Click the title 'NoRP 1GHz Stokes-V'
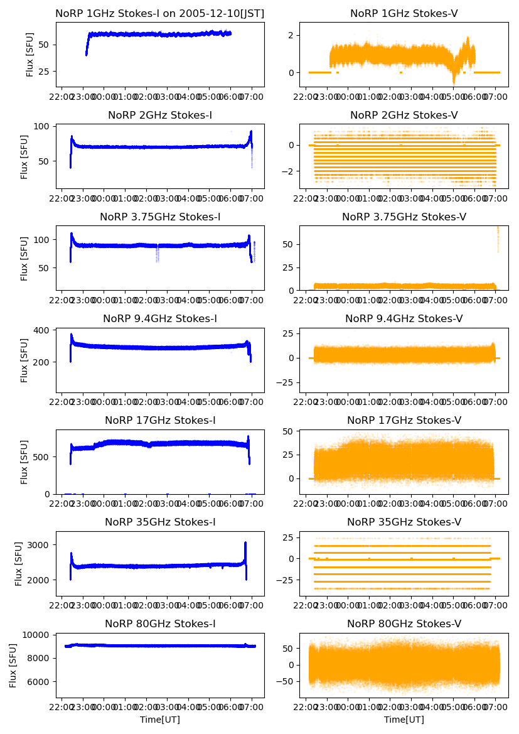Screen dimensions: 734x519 [x=404, y=13]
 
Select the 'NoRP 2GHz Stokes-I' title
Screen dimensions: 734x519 [x=160, y=115]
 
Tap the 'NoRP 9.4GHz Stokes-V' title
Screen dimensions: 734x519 [x=404, y=318]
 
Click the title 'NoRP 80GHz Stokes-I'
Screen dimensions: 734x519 [x=160, y=623]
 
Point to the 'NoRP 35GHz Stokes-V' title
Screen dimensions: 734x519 [x=404, y=522]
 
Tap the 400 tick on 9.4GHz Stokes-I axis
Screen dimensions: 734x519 [x=46, y=330]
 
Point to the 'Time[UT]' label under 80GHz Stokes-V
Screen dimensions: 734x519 [x=404, y=720]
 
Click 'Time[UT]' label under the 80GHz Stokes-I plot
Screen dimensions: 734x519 [x=160, y=720]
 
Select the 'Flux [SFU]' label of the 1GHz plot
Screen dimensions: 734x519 [x=30, y=55]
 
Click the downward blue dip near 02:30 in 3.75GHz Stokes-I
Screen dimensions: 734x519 [x=157, y=254]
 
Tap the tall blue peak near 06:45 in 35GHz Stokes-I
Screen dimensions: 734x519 [x=245, y=544]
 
